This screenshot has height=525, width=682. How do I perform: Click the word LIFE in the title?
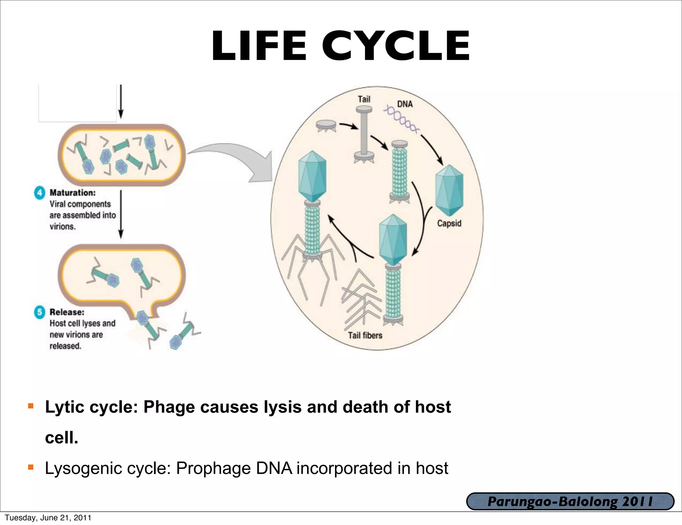[x=259, y=46]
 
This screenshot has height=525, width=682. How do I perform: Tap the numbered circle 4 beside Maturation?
[x=40, y=193]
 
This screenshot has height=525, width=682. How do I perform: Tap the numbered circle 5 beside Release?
[x=40, y=312]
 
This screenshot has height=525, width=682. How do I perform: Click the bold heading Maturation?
[x=73, y=193]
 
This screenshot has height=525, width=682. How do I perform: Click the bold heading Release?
[x=67, y=312]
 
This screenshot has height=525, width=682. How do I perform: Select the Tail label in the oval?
[x=364, y=99]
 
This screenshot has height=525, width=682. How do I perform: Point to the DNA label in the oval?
[x=405, y=104]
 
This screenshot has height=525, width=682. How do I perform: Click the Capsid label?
[x=449, y=223]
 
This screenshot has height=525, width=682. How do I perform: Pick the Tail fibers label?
[x=365, y=335]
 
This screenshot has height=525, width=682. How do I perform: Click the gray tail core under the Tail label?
[x=364, y=133]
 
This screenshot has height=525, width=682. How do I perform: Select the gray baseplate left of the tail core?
[x=326, y=126]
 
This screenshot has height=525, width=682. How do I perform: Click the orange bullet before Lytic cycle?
[x=31, y=406]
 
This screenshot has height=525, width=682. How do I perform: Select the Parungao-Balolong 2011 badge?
[x=570, y=501]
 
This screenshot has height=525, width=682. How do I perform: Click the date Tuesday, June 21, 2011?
[x=48, y=518]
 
